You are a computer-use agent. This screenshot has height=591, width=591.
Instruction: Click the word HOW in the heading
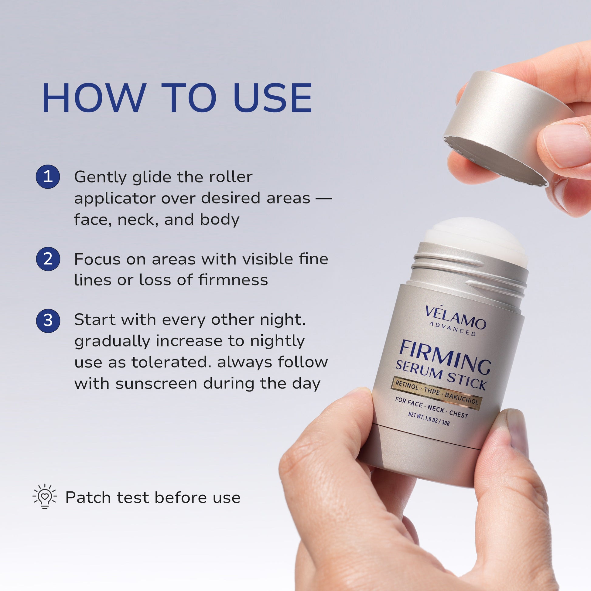point(94,98)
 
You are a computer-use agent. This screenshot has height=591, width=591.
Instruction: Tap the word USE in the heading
point(272,98)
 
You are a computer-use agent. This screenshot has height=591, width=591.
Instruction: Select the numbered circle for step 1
point(48,176)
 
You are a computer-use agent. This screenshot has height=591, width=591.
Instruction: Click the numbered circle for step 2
point(48,259)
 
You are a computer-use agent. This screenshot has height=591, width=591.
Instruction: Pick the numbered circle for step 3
point(48,320)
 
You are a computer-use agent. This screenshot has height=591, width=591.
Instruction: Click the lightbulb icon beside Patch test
point(45,497)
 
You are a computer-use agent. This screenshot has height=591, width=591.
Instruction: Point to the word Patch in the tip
point(88,497)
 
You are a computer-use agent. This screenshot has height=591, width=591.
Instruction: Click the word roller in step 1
point(231,177)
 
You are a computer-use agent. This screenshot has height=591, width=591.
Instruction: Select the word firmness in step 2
point(233,280)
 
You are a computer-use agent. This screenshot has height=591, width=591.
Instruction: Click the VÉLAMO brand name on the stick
point(456,318)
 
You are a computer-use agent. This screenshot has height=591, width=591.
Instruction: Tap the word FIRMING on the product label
point(445,357)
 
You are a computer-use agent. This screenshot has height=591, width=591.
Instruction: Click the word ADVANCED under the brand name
point(453,329)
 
